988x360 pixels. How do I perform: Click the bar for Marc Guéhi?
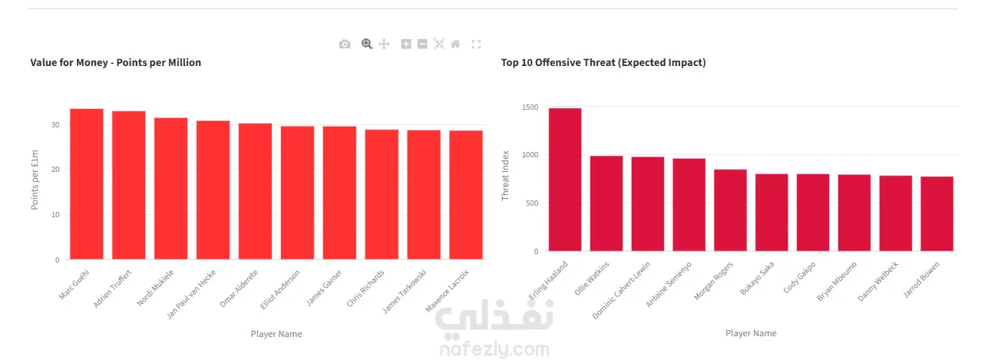click(x=87, y=184)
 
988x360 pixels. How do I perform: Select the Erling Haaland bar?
click(x=565, y=180)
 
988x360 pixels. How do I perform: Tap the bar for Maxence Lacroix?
click(x=466, y=195)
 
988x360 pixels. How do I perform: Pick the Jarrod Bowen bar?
click(x=937, y=214)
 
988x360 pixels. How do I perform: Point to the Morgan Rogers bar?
click(x=730, y=210)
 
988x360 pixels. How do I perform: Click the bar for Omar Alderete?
click(x=256, y=191)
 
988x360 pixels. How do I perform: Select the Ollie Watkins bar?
click(x=606, y=203)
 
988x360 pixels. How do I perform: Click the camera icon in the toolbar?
click(x=345, y=44)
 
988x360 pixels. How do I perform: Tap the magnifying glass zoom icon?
click(x=367, y=44)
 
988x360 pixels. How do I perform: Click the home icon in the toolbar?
click(x=455, y=44)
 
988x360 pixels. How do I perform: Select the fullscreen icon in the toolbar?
click(x=476, y=44)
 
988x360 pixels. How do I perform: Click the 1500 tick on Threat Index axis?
click(x=530, y=107)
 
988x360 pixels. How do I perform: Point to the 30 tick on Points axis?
click(x=55, y=125)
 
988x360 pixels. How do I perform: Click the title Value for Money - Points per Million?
click(x=116, y=63)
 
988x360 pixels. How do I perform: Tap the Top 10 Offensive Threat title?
click(x=603, y=63)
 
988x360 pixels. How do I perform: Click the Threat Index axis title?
click(x=505, y=176)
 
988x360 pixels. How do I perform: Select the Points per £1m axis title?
click(x=35, y=180)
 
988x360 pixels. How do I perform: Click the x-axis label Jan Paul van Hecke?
click(x=191, y=294)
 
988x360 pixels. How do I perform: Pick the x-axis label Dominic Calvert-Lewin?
click(x=621, y=290)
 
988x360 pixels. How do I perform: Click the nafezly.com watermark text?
click(x=494, y=349)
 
